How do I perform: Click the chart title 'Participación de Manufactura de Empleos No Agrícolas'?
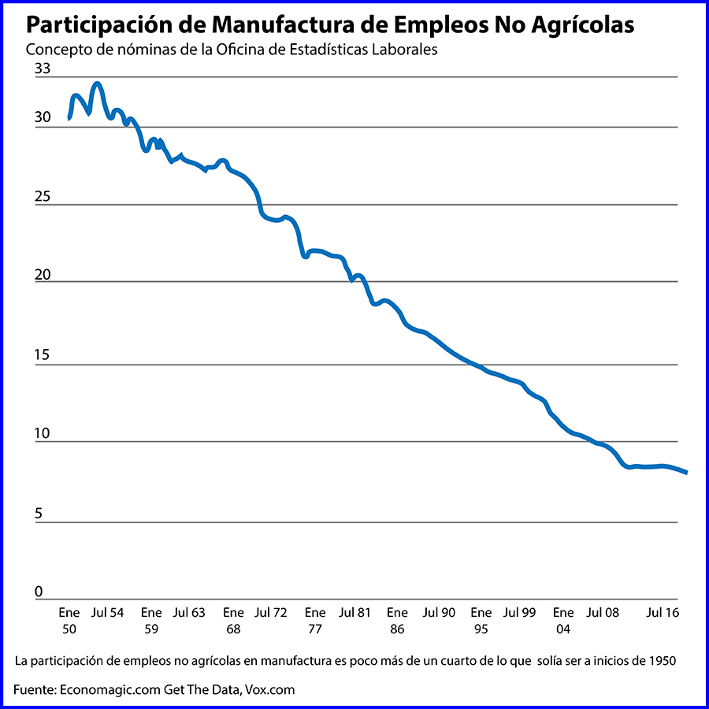pos(330,24)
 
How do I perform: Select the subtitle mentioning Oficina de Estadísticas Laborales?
pos(231,49)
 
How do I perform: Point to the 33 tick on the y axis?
pos(42,69)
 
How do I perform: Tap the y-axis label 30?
pos(42,118)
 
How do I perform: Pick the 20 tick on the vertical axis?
pos(42,275)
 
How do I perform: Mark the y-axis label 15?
pos(42,355)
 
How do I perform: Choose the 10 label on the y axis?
pos(42,434)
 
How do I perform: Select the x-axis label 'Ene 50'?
pos(69,620)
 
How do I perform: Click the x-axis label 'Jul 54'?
pos(107,612)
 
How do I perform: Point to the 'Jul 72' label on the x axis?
pos(271,612)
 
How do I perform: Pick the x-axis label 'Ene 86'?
pos(397,620)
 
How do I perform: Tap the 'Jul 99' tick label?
pos(519,612)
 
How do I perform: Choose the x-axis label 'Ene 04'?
pos(562,620)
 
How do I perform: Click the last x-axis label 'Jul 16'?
pos(663,612)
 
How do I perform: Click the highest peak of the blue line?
pos(97,84)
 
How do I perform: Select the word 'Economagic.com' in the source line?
pos(110,689)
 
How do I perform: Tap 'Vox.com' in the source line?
pos(269,689)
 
